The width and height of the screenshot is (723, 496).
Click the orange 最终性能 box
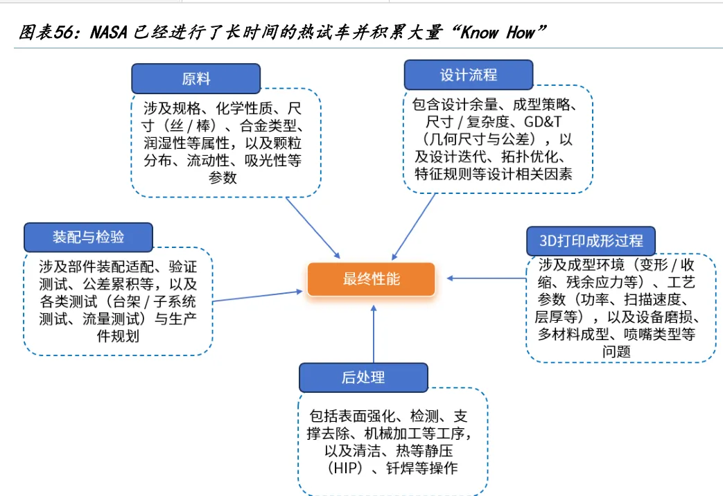[371, 280]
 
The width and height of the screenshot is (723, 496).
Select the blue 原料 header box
[196, 79]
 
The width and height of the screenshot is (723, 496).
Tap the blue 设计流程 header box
[468, 75]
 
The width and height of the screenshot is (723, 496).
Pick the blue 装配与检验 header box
[88, 237]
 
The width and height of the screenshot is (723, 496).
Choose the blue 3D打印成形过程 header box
[591, 240]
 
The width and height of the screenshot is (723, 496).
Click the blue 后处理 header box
[363, 378]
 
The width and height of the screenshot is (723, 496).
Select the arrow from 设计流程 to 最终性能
[415, 225]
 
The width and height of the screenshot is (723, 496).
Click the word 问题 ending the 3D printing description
[620, 352]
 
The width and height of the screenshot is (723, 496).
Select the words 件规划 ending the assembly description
[118, 337]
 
